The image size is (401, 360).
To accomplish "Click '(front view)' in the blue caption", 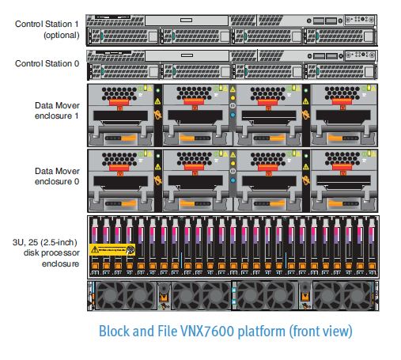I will (x=312, y=331).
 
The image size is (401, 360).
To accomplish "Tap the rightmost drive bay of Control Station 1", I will (x=341, y=36).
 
